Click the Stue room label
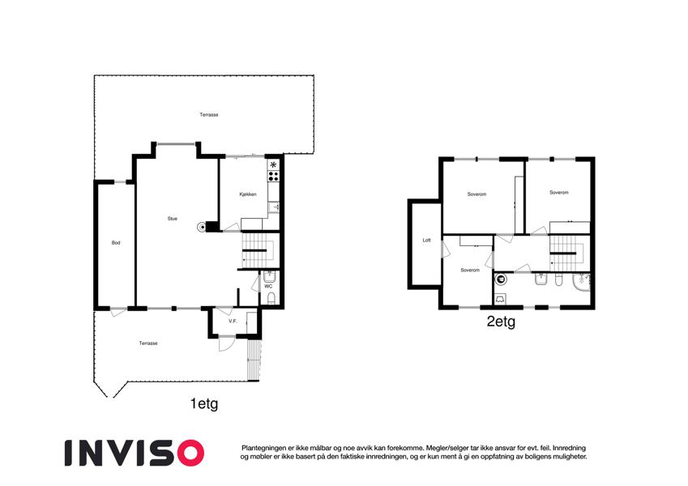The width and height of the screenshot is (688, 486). pyautogui.click(x=172, y=219)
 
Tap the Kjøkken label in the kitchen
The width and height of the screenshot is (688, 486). pyautogui.click(x=248, y=194)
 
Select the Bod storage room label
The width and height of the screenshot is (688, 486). pyautogui.click(x=116, y=242)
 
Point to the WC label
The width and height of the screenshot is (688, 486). pyautogui.click(x=268, y=287)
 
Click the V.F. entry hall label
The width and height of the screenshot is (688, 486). pyautogui.click(x=233, y=321)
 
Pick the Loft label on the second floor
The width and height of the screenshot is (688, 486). pyautogui.click(x=426, y=241)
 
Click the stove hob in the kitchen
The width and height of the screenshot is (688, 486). pyautogui.click(x=273, y=176)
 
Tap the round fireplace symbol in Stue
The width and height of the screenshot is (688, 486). pyautogui.click(x=202, y=228)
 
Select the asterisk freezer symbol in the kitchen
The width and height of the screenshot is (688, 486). pyautogui.click(x=273, y=165)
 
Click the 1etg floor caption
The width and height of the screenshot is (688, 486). pyautogui.click(x=204, y=403)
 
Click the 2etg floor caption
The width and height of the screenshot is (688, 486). pyautogui.click(x=501, y=322)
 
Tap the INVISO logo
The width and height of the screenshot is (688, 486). pyautogui.click(x=135, y=453)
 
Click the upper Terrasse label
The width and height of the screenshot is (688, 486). pyautogui.click(x=209, y=115)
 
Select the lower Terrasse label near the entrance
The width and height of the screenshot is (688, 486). pyautogui.click(x=148, y=343)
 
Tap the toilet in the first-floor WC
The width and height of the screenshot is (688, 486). pyautogui.click(x=271, y=299)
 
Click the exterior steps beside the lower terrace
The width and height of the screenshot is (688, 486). pyautogui.click(x=254, y=360)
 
